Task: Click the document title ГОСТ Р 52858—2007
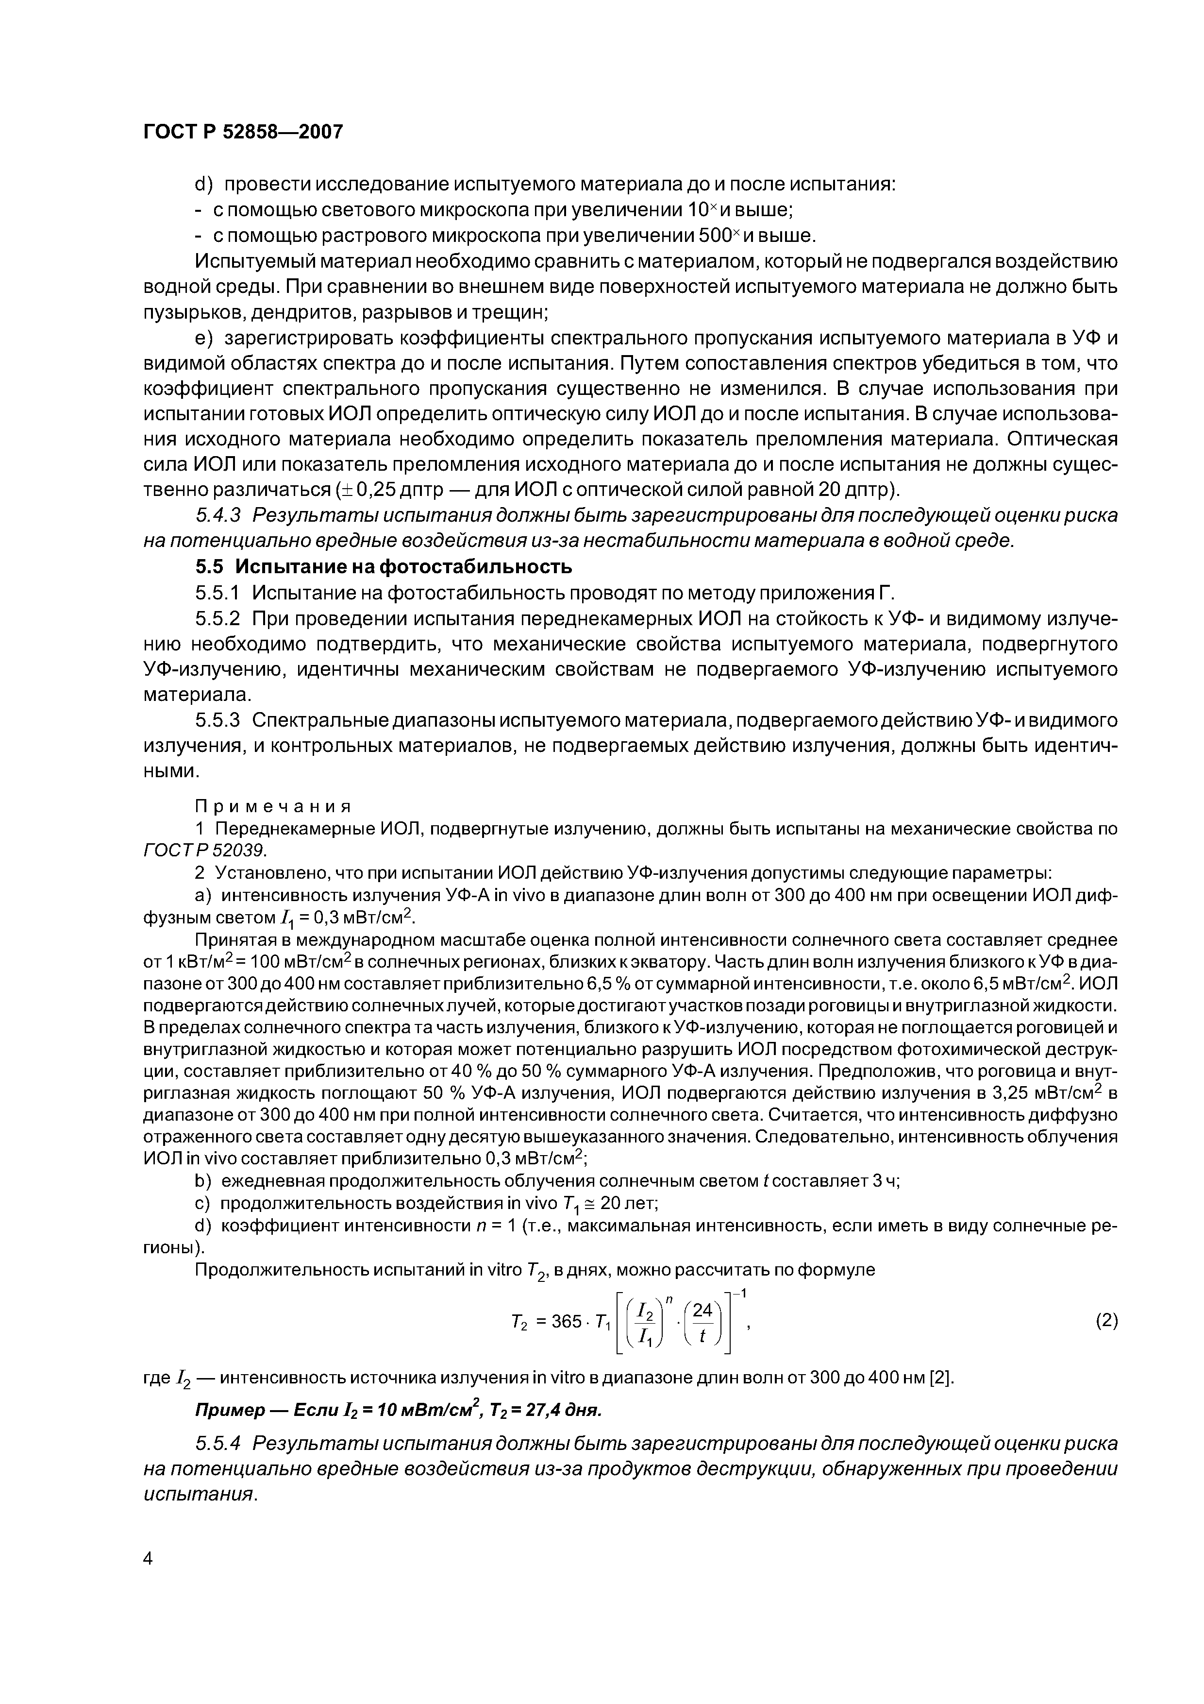click(243, 132)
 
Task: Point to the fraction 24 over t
click(702, 1323)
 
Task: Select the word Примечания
click(272, 806)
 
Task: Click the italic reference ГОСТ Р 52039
click(204, 849)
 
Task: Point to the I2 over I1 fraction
click(646, 1323)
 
